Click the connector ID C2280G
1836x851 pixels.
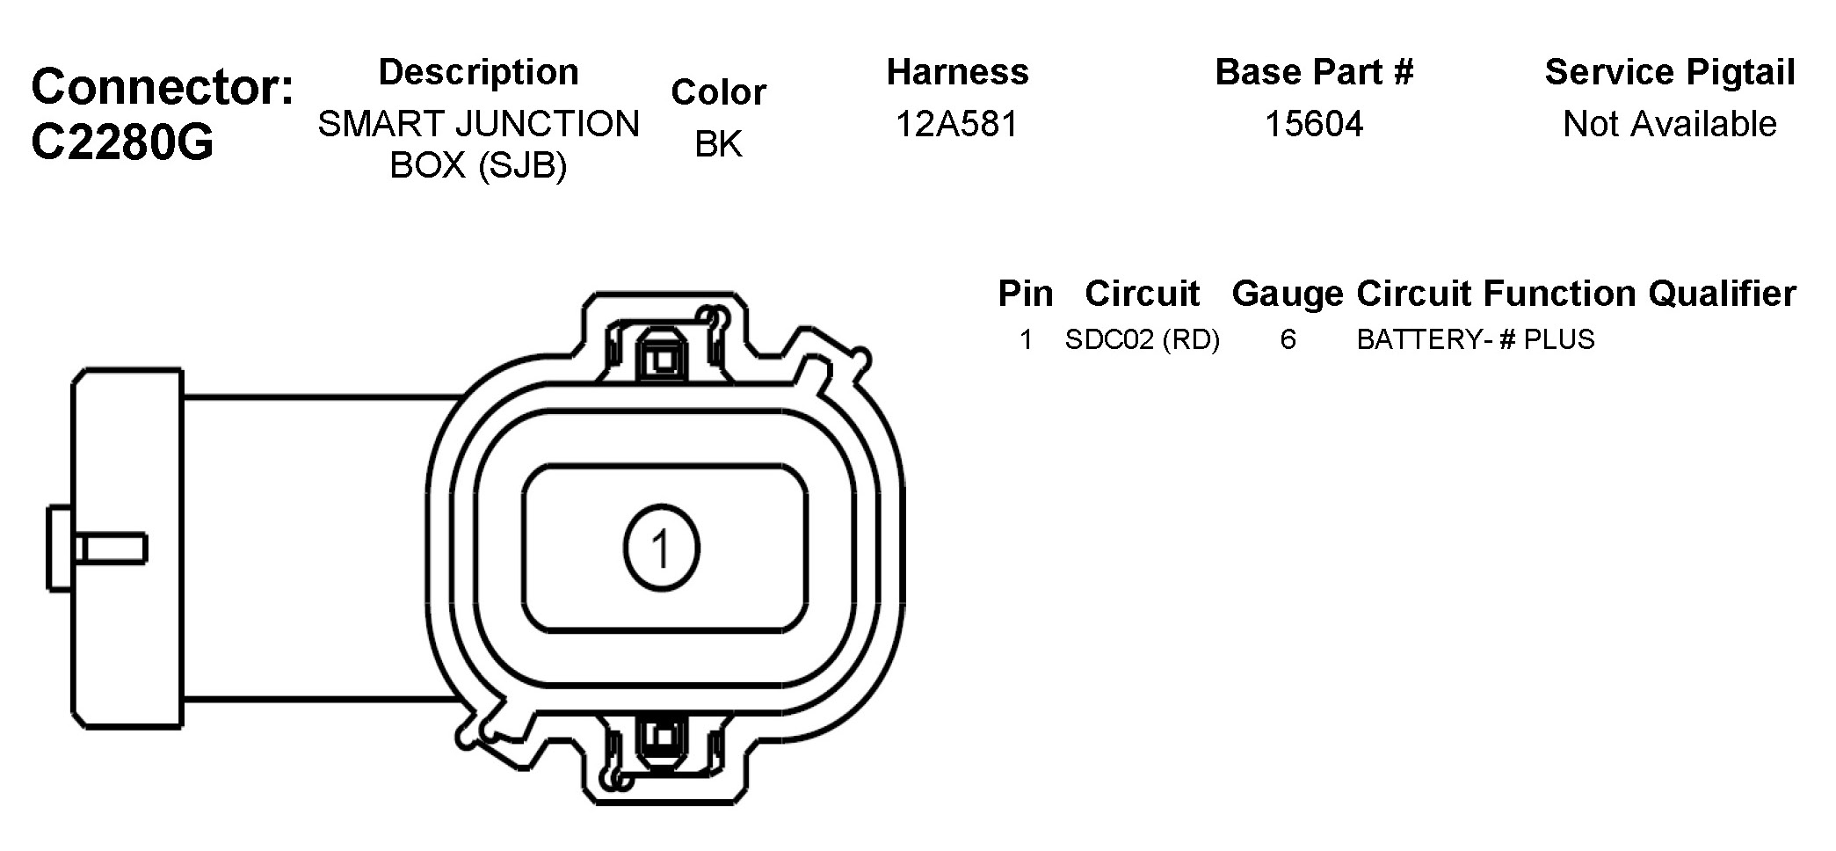(122, 142)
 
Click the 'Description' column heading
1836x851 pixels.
(479, 72)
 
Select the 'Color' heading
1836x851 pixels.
(718, 92)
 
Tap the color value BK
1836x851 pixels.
(718, 144)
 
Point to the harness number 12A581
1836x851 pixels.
(957, 124)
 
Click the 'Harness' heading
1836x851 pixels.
(957, 72)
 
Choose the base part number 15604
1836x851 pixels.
(1314, 124)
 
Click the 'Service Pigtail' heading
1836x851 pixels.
(1670, 72)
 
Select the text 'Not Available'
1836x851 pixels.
(1670, 124)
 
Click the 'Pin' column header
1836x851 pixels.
(1025, 294)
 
